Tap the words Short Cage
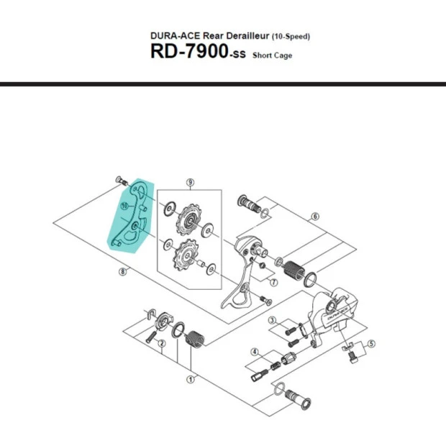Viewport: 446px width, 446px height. tap(272, 55)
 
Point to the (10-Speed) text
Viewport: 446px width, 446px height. tap(291, 36)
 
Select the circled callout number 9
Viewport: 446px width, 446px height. tap(190, 183)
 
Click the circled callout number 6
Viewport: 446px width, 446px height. tap(314, 216)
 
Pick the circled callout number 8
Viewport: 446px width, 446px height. tap(123, 271)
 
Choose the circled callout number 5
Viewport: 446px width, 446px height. tap(370, 344)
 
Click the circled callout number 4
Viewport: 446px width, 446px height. tap(255, 351)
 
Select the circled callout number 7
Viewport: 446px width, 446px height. tap(273, 283)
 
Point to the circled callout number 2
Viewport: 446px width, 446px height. tap(162, 344)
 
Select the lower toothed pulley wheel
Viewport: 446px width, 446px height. tap(186, 255)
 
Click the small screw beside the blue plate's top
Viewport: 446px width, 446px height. tap(119, 180)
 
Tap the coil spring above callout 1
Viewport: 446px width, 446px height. tap(195, 335)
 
